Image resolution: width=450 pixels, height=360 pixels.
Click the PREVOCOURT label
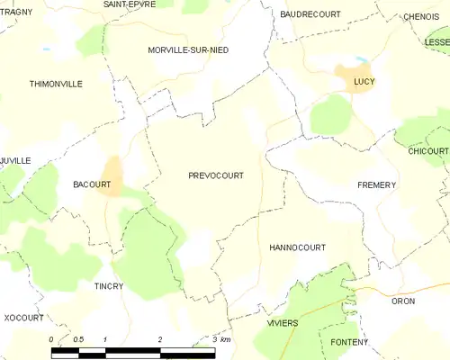216,176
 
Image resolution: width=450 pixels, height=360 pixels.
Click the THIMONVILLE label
56,84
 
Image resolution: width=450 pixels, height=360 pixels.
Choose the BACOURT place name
91,184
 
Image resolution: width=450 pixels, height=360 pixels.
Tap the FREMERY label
376,184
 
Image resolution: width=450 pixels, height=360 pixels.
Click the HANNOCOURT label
297,247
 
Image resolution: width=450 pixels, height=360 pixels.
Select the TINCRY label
108,286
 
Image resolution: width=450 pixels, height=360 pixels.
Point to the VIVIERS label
282,322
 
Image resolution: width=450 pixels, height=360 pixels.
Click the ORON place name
403,301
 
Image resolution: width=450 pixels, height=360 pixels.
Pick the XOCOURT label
23,318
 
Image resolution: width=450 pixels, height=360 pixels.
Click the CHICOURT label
428,151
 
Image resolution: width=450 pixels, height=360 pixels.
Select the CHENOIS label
421,16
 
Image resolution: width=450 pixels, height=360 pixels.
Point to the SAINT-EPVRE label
130,4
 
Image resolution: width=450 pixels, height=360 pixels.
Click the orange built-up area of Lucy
347,76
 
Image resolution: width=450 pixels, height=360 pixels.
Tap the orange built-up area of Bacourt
112,175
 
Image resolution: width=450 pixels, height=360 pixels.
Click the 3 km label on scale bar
220,339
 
